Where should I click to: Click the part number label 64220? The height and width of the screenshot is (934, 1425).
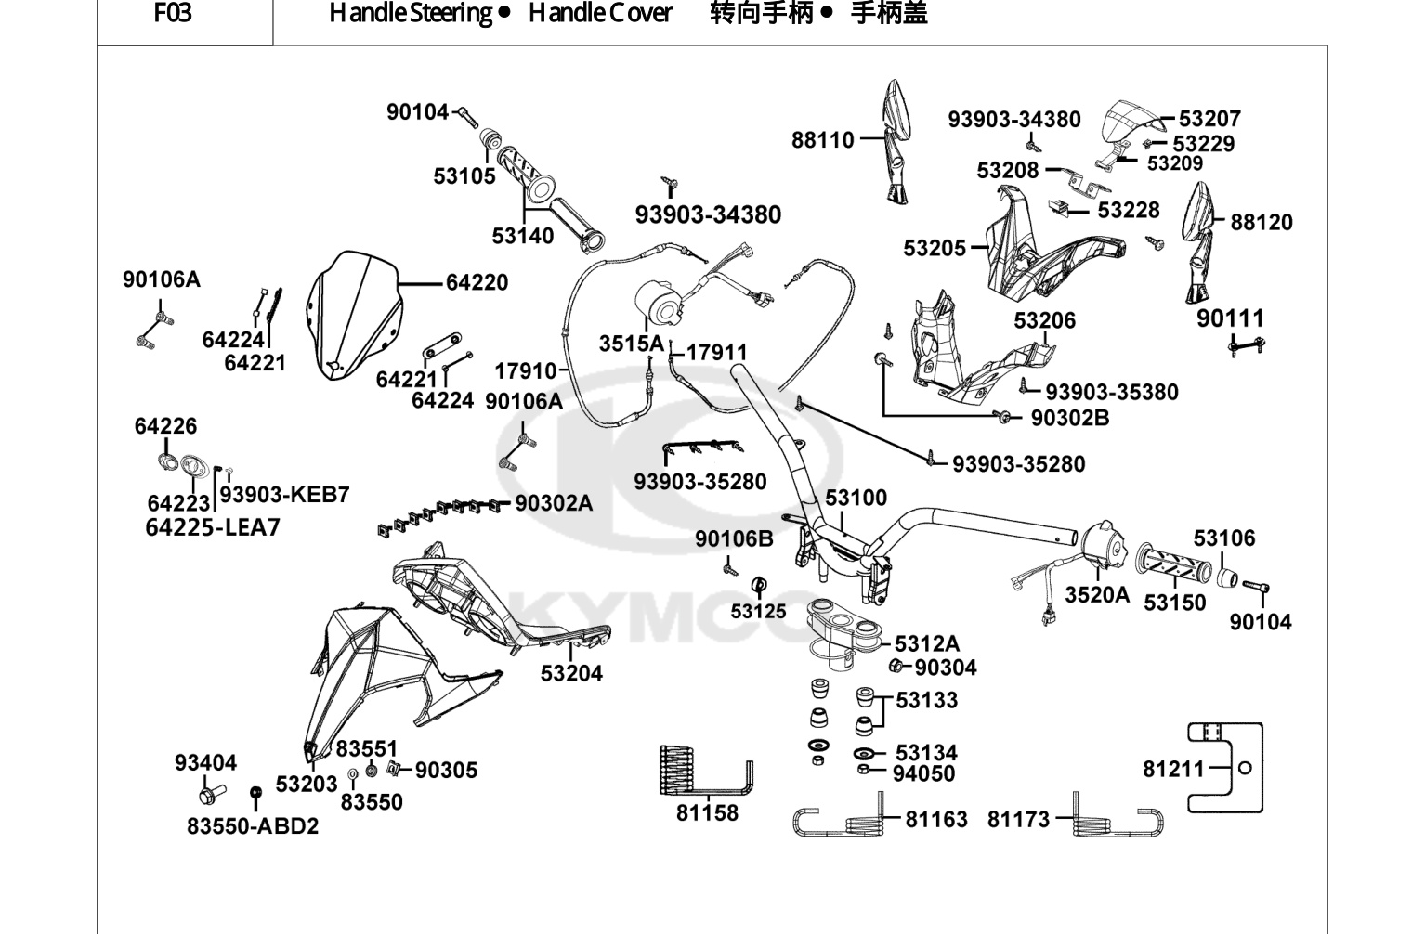(477, 282)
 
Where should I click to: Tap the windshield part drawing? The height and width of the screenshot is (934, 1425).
(354, 316)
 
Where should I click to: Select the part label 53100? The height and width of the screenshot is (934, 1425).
(856, 498)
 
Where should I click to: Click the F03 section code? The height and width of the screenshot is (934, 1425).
(173, 13)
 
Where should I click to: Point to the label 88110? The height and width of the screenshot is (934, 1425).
(822, 140)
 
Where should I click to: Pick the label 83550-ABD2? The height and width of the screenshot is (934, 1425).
(253, 826)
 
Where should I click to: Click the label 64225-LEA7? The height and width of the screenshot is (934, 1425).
(213, 527)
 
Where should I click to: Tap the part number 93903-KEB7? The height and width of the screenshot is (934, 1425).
(284, 495)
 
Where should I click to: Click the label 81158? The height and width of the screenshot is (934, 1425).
(707, 812)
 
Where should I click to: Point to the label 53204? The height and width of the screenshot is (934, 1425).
(571, 673)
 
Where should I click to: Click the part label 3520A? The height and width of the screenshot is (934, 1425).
(1097, 595)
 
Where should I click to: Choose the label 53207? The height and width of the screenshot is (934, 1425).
(1210, 119)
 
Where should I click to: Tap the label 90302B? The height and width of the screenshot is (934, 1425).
(1070, 418)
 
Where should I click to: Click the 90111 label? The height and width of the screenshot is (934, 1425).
(1230, 318)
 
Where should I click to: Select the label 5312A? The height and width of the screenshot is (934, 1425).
(927, 643)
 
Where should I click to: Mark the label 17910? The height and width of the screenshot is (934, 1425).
(526, 370)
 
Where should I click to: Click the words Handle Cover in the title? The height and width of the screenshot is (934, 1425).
(600, 13)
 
